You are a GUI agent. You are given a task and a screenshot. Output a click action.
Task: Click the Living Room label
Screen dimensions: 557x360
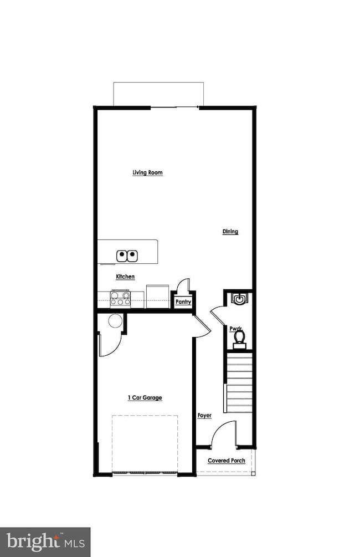click(147, 172)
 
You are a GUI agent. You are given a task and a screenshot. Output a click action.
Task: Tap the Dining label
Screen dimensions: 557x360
click(230, 231)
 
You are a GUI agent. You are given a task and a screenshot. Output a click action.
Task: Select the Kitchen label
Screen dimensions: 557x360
click(125, 276)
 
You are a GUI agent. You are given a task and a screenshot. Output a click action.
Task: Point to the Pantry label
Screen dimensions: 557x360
click(183, 302)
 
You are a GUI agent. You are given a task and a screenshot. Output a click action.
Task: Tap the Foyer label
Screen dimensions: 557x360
click(204, 415)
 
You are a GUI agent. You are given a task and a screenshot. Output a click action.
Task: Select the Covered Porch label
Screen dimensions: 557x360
click(226, 461)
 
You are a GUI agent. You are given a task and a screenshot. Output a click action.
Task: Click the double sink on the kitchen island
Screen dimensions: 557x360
click(127, 255)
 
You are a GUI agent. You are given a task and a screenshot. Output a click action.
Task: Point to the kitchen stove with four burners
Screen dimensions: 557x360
click(120, 298)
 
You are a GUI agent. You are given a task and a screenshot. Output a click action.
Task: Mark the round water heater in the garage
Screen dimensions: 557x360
click(115, 321)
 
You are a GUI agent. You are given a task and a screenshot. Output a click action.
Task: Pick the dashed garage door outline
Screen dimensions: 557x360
click(145, 443)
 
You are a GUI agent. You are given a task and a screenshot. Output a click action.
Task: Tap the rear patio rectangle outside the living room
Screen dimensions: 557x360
click(158, 93)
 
